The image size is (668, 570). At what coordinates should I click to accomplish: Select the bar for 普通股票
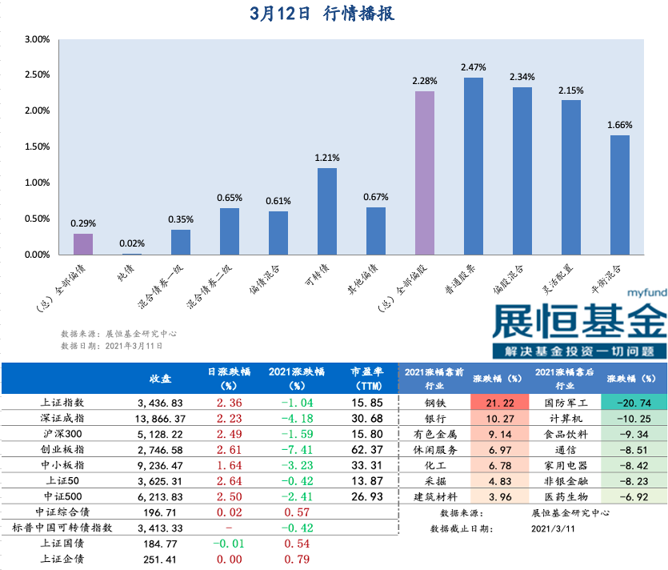pyautogui.click(x=473, y=167)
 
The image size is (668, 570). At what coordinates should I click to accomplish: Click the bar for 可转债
pyautogui.click(x=326, y=211)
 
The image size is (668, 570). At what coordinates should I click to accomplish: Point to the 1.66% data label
pyautogui.click(x=619, y=125)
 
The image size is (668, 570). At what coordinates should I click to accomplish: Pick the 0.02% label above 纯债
pyautogui.click(x=132, y=244)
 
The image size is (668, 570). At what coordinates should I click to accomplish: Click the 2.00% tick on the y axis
pyautogui.click(x=37, y=110)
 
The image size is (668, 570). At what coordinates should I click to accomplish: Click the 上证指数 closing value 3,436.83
pyautogui.click(x=160, y=402)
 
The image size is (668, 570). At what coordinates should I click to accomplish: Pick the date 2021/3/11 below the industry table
pyautogui.click(x=553, y=528)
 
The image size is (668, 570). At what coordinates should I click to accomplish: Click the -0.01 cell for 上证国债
pyautogui.click(x=226, y=544)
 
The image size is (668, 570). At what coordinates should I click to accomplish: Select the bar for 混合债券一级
pyautogui.click(x=181, y=243)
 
